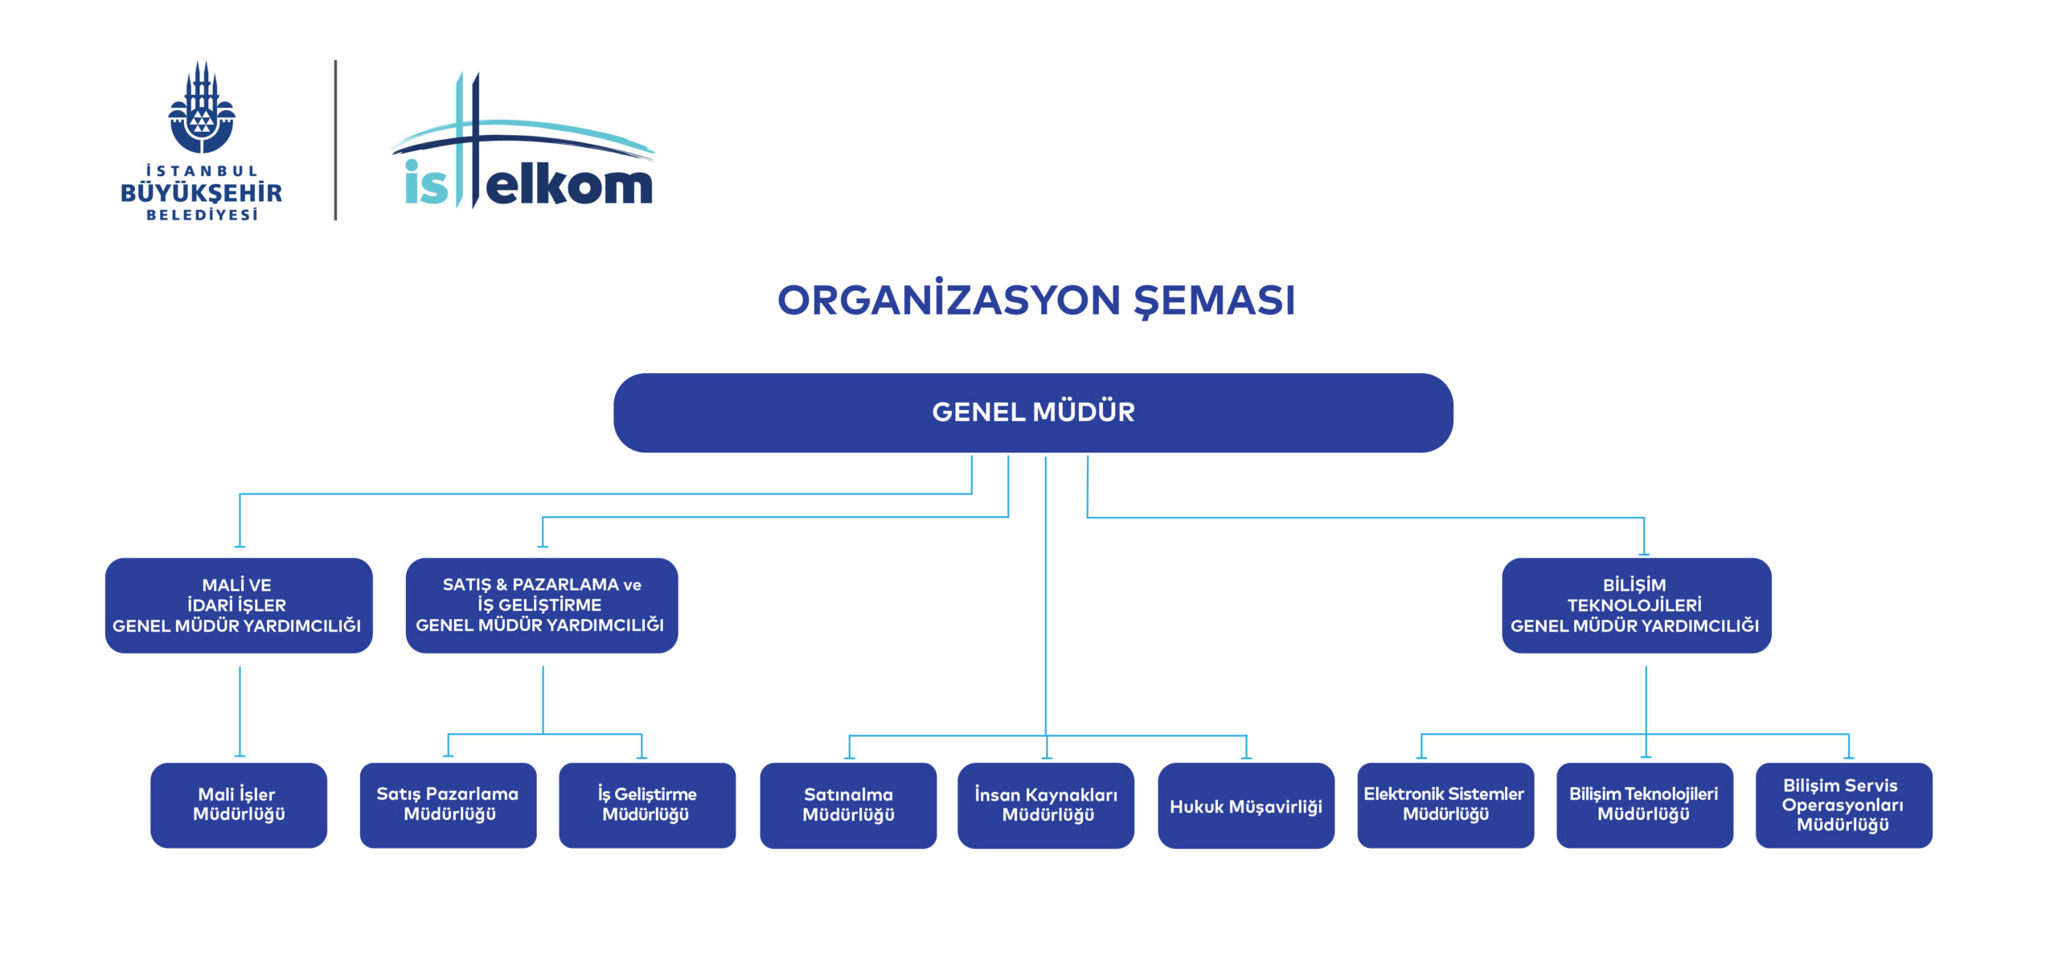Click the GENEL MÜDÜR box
(x=1033, y=412)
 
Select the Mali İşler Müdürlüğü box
(x=239, y=805)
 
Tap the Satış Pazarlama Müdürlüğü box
(x=448, y=805)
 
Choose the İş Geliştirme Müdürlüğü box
(x=647, y=805)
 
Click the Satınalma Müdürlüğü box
(x=848, y=805)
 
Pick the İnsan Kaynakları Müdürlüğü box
(x=1046, y=805)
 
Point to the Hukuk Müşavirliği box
(x=1246, y=805)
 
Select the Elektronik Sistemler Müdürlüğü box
(x=1445, y=805)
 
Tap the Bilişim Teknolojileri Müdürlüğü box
(x=1645, y=805)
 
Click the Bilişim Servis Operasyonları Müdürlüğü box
(x=1844, y=805)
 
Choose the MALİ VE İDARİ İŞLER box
(x=239, y=605)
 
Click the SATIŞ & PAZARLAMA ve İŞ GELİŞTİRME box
(x=542, y=605)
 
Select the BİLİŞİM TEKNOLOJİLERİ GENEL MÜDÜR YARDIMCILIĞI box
(x=1637, y=605)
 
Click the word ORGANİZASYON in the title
(x=949, y=299)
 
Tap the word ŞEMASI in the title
(x=1215, y=301)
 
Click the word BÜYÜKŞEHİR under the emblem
(x=202, y=193)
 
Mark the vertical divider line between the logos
(x=335, y=140)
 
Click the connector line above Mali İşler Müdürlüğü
(x=240, y=711)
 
